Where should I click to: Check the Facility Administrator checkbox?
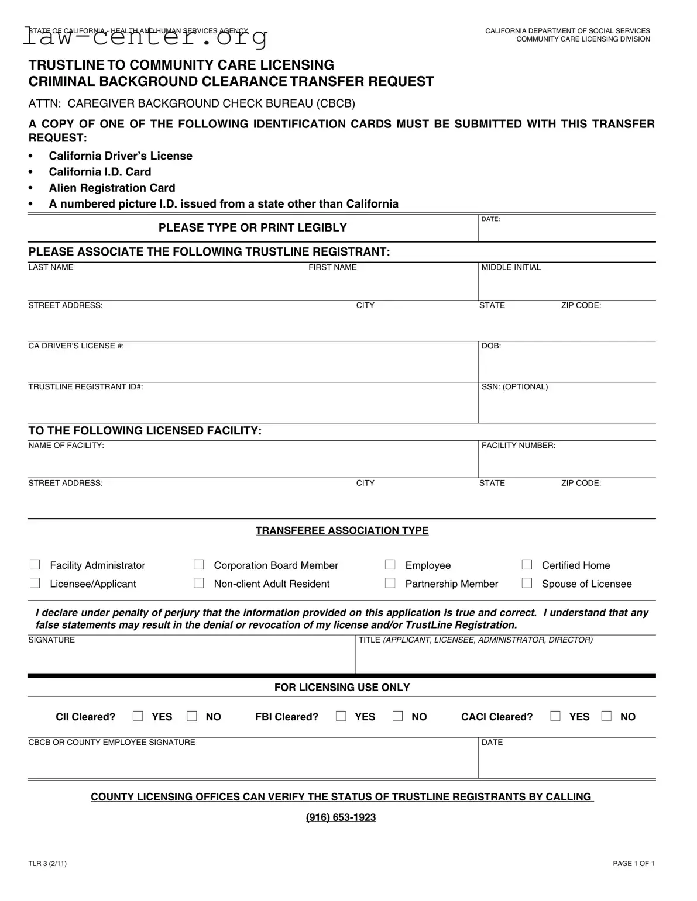click(x=35, y=565)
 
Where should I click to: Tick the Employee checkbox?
click(x=390, y=565)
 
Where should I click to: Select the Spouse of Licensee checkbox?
click(x=527, y=584)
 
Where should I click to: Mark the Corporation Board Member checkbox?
click(x=199, y=565)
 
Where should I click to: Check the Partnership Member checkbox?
click(x=390, y=584)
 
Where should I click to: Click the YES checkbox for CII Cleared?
click(x=138, y=716)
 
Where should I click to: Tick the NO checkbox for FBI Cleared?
click(x=398, y=716)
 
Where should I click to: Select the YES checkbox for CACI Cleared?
click(x=555, y=716)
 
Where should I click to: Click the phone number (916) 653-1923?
click(x=341, y=817)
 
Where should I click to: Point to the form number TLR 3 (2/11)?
click(x=47, y=864)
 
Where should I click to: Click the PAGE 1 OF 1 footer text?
click(x=633, y=864)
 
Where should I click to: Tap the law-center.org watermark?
click(x=146, y=37)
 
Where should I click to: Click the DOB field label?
click(x=491, y=346)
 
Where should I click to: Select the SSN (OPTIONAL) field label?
click(x=514, y=387)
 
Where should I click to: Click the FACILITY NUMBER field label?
click(x=518, y=446)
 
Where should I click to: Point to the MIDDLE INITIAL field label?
click(x=511, y=267)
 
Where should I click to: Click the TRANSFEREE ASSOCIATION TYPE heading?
click(x=342, y=531)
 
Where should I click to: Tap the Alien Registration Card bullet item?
click(x=112, y=188)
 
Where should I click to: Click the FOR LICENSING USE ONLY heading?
click(x=342, y=688)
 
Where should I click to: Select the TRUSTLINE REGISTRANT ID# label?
click(x=85, y=387)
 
